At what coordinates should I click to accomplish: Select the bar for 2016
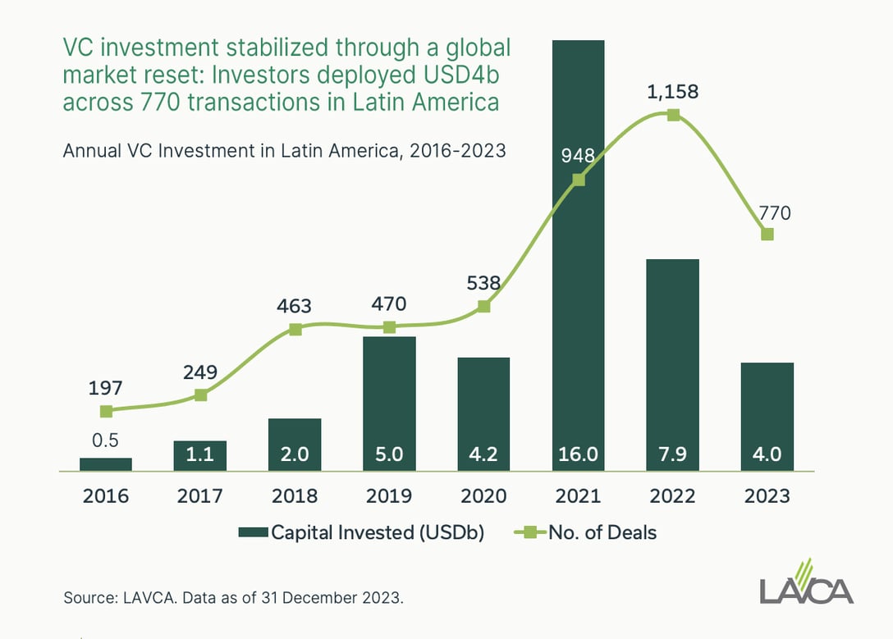pyautogui.click(x=106, y=464)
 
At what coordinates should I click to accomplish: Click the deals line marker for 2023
pyautogui.click(x=767, y=235)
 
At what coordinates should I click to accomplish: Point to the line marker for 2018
pyautogui.click(x=295, y=329)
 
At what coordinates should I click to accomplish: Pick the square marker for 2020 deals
pyautogui.click(x=484, y=306)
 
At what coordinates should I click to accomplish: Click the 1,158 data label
pyautogui.click(x=672, y=92)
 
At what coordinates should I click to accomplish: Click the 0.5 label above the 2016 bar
pyautogui.click(x=106, y=440)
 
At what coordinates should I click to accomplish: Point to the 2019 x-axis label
pyautogui.click(x=389, y=496)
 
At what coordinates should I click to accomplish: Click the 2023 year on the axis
pyautogui.click(x=767, y=496)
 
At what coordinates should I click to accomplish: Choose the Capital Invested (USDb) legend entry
pyautogui.click(x=361, y=532)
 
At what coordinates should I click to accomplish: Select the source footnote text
pyautogui.click(x=233, y=598)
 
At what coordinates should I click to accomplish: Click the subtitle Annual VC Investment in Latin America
pyautogui.click(x=284, y=151)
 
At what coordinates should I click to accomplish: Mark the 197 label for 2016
pyautogui.click(x=106, y=387)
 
